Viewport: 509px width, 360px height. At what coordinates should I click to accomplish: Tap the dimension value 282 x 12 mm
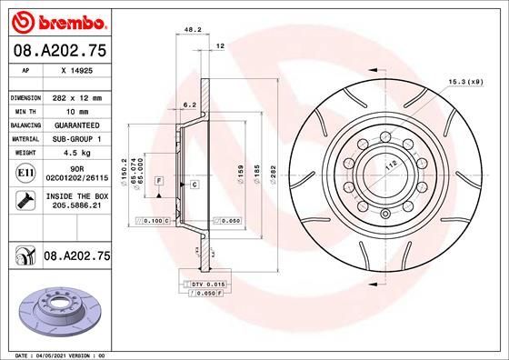click(77, 96)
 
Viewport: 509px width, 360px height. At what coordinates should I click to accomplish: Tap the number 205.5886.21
click(77, 206)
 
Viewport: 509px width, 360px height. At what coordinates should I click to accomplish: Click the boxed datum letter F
click(158, 183)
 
